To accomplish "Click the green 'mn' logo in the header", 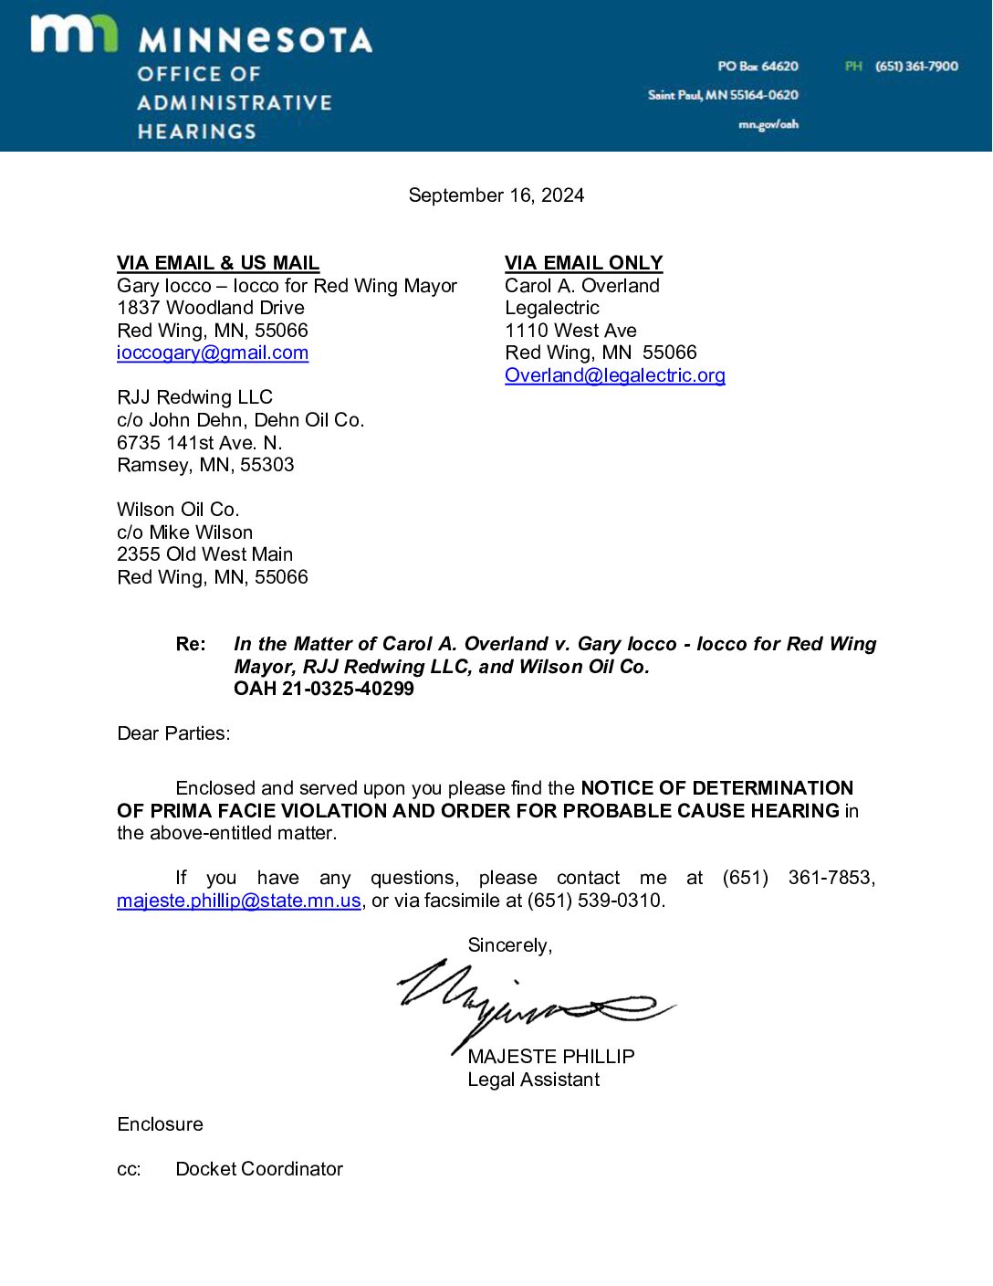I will tap(74, 34).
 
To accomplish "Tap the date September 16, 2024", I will tap(496, 195).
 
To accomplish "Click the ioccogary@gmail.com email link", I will tap(213, 353).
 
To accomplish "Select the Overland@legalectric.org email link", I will tap(614, 375).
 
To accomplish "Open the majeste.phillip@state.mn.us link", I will tap(239, 901).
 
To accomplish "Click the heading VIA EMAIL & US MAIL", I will tap(218, 263).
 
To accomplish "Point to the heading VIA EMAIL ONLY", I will tap(583, 263).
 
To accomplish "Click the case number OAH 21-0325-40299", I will tap(324, 689).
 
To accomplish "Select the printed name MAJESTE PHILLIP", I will tap(550, 1057).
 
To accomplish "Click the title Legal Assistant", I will tap(533, 1080).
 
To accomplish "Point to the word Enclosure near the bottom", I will tap(160, 1124).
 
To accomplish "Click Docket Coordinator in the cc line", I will tap(259, 1169).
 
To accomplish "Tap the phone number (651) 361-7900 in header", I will tap(916, 66).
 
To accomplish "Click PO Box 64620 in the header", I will tap(758, 66).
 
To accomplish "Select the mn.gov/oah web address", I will tap(768, 124).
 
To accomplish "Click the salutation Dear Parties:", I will tap(173, 733).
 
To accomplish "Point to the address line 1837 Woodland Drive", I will tap(211, 308).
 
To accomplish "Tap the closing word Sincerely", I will tap(509, 945).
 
